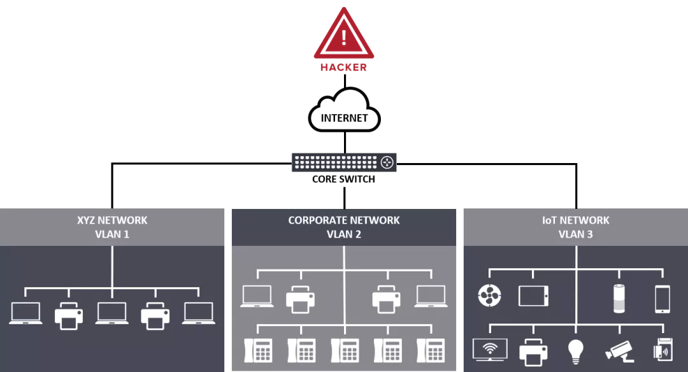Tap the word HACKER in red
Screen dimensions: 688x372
[x=343, y=67]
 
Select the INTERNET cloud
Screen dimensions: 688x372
[x=345, y=110]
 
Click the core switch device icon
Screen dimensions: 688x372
[x=344, y=162]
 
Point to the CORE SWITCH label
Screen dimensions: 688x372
[x=343, y=179]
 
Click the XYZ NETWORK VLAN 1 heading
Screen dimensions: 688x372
[x=112, y=227]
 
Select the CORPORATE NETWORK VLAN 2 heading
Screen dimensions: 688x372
[x=344, y=227]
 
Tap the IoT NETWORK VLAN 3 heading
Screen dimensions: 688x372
[x=576, y=227]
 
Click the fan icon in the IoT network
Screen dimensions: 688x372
[x=489, y=296]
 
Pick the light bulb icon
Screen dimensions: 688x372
[x=576, y=352]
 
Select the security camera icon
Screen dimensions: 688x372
[x=620, y=351]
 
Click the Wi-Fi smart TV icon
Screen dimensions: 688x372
[x=490, y=350]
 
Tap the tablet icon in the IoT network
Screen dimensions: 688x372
[x=533, y=296]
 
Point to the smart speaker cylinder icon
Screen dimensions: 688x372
[x=619, y=298]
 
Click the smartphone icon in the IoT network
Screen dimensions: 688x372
[x=663, y=299]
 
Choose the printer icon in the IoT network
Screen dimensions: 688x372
[x=533, y=352]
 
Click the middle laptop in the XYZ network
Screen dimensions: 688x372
[x=112, y=313]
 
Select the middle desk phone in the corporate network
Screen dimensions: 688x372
[x=345, y=350]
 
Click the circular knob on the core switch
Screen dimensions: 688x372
[x=387, y=162]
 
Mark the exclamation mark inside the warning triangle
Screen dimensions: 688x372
[x=344, y=38]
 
